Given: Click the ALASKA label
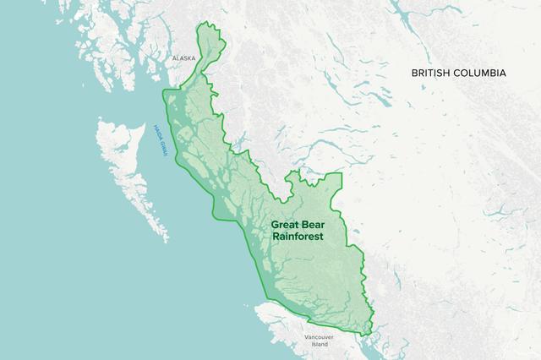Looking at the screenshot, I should (x=183, y=58).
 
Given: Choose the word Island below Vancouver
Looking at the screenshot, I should (x=318, y=345).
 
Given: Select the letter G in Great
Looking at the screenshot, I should (x=274, y=226).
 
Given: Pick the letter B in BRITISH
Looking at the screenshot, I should (x=415, y=74).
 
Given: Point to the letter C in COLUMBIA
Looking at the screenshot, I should (x=462, y=74).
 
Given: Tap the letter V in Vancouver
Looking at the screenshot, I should (x=307, y=337).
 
